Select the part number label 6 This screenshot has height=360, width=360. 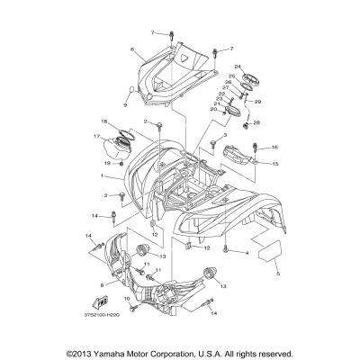[131, 49]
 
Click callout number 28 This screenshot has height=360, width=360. [256, 122]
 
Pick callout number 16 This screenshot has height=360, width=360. [275, 147]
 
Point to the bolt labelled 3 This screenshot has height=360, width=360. [213, 144]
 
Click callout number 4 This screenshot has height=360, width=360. [245, 228]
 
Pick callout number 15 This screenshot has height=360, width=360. [275, 165]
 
